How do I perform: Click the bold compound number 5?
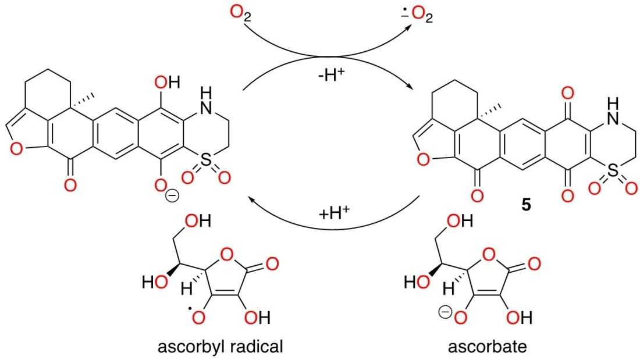tap(525, 206)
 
